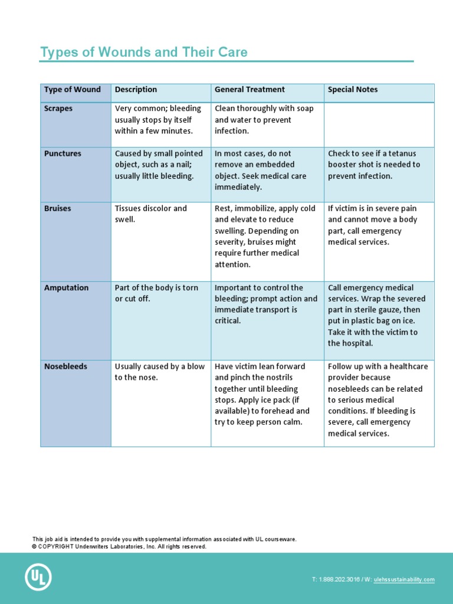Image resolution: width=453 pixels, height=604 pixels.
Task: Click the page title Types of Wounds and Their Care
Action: pyautogui.click(x=143, y=52)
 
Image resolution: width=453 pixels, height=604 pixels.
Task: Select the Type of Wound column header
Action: pyautogui.click(x=72, y=90)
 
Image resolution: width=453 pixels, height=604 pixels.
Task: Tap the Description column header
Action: pyautogui.click(x=136, y=90)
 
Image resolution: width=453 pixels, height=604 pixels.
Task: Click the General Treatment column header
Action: pyautogui.click(x=250, y=90)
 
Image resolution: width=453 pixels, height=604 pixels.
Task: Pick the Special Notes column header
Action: pyautogui.click(x=353, y=90)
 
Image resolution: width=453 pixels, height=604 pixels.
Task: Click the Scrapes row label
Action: pyautogui.click(x=58, y=109)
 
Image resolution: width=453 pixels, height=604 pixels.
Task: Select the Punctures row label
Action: pyautogui.click(x=63, y=153)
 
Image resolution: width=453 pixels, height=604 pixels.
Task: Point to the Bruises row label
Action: pyautogui.click(x=57, y=208)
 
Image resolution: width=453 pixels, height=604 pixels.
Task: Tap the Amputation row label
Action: pyautogui.click(x=66, y=288)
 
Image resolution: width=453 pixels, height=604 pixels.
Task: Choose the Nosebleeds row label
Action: pyautogui.click(x=65, y=366)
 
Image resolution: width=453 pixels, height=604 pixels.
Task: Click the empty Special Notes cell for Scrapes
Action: pyautogui.click(x=379, y=124)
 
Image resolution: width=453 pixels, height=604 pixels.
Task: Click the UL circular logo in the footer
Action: pyautogui.click(x=38, y=577)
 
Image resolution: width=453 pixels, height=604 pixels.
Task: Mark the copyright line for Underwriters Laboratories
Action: pyautogui.click(x=119, y=547)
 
